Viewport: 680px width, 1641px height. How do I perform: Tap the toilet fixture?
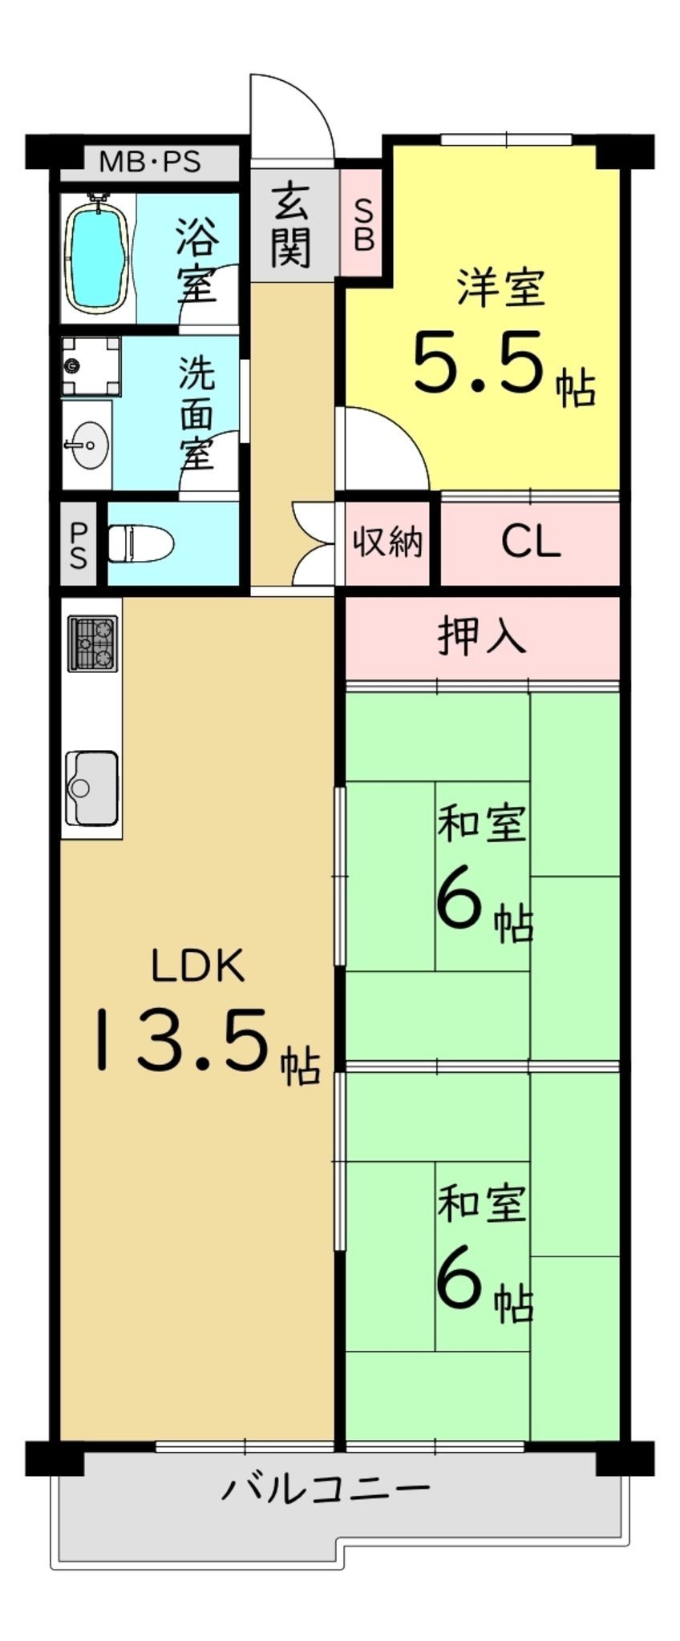pos(141,544)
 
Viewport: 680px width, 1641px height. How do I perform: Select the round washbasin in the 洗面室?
pos(88,443)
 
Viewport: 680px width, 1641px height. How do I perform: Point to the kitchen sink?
pos(92,787)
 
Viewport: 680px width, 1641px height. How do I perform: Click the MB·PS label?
pos(149,163)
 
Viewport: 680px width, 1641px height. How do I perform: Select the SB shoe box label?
pos(363,225)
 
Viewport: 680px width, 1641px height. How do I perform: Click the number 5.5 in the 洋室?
pos(479,362)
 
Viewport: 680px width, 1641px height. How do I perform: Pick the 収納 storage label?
pos(388,542)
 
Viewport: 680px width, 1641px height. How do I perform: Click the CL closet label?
pos(530,542)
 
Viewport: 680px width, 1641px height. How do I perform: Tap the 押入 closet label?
pos(482,636)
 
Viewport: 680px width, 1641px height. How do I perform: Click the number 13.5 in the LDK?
pos(182,1040)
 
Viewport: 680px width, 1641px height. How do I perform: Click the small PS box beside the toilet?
pos(79,544)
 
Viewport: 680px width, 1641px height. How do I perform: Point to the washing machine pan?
pos(91,366)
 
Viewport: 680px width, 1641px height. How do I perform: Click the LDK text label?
pos(198,966)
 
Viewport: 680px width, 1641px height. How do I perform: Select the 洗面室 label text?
pos(196,413)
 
